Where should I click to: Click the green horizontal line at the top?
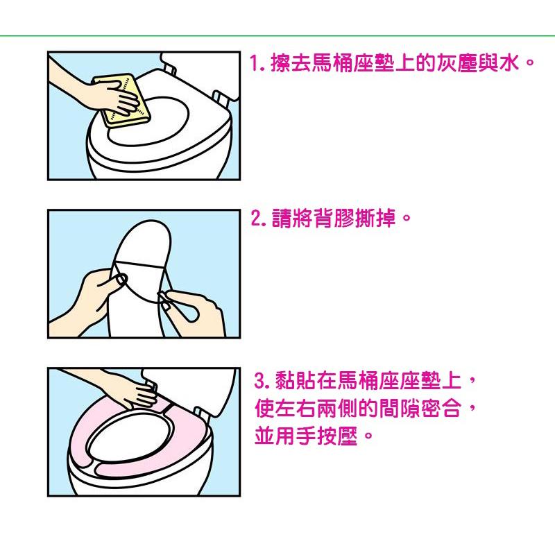277,35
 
